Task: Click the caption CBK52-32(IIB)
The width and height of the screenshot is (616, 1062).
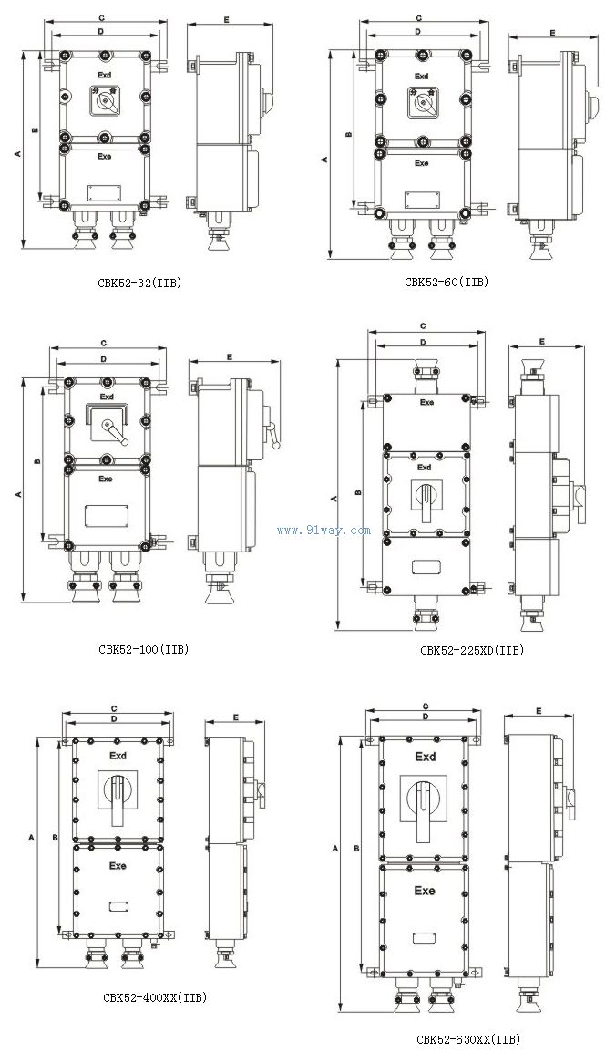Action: click(x=139, y=283)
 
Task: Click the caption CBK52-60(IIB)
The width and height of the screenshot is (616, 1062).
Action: click(x=447, y=282)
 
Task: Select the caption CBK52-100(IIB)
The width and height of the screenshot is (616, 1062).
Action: click(x=143, y=649)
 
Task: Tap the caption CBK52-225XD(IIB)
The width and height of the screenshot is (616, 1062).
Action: click(x=472, y=650)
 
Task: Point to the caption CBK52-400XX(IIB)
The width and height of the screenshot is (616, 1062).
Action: click(x=155, y=997)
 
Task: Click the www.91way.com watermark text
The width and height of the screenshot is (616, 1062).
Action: click(x=323, y=530)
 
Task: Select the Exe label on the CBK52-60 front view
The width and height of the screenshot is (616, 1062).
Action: click(x=422, y=164)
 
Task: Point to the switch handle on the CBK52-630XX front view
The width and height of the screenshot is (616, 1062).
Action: click(x=424, y=807)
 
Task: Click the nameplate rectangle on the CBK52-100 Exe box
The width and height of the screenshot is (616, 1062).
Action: click(x=106, y=514)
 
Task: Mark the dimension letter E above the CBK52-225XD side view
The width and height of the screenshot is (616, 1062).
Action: click(x=542, y=341)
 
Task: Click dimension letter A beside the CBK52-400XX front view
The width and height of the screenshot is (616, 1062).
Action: click(x=32, y=835)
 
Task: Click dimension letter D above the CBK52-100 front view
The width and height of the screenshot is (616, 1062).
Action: click(x=104, y=359)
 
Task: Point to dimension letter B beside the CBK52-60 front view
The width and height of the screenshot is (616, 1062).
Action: click(x=348, y=135)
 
